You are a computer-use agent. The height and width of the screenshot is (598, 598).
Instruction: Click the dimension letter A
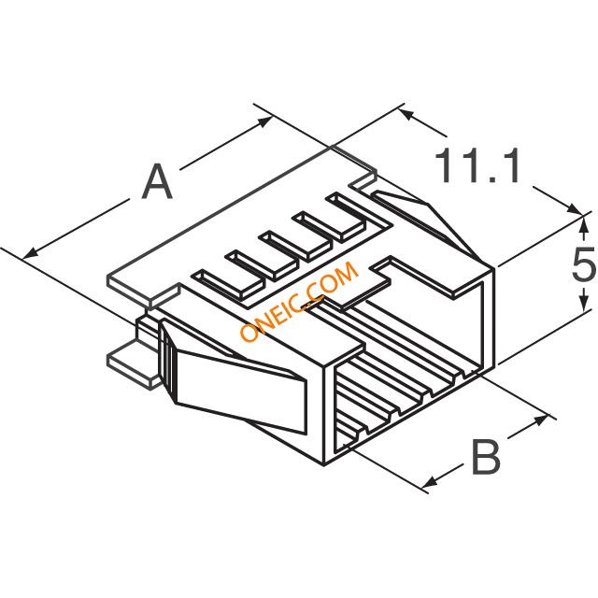coord(157,182)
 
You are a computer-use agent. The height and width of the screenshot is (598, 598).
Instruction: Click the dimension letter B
coord(486,457)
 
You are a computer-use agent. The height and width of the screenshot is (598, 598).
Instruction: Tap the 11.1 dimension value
coord(477,165)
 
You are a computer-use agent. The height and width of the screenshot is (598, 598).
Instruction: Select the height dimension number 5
coord(583,263)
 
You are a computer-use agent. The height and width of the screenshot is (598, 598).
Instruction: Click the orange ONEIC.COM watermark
coord(300,301)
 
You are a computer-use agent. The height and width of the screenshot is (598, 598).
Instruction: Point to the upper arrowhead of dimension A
coord(264,121)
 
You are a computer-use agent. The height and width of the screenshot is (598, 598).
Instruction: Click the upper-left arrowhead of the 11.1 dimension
coord(406,114)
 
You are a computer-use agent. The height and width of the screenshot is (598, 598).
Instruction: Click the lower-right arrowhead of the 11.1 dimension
coord(575,208)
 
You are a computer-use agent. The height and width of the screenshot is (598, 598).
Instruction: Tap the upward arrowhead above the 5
coord(583,225)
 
